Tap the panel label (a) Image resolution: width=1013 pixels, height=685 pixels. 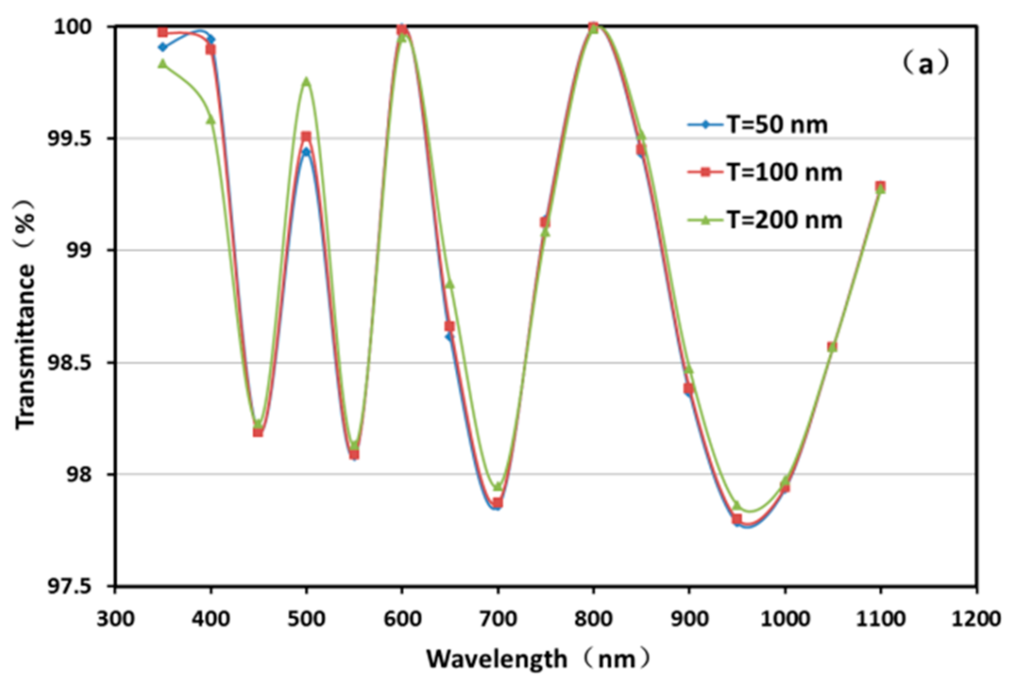(926, 64)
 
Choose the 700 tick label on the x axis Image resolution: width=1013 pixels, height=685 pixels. (497, 619)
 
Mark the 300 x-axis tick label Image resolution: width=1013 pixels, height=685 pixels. (115, 619)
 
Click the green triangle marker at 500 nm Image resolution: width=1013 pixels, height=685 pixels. (306, 81)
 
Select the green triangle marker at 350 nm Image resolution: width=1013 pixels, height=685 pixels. (163, 64)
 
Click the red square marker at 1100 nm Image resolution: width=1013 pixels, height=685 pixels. (880, 186)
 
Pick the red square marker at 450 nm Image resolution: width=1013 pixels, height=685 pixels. (258, 432)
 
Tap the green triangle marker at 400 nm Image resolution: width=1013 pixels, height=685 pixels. (210, 119)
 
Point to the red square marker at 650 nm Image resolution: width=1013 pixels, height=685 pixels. (449, 326)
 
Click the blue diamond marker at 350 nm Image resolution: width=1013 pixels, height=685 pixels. (163, 47)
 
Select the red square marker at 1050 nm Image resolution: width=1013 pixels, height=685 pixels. (832, 347)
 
